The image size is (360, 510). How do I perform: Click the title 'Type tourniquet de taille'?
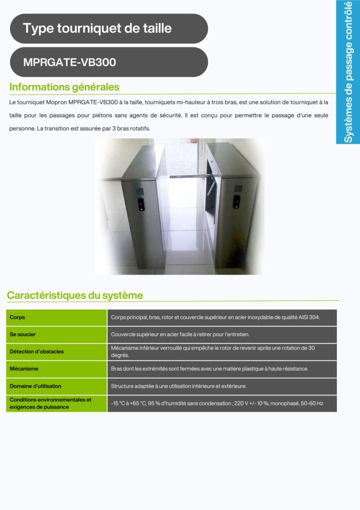[x=97, y=28]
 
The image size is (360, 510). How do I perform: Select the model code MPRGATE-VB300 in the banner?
[x=70, y=62]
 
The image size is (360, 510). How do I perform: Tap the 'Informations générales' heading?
[x=64, y=87]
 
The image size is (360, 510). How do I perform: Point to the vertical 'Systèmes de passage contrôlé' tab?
[x=349, y=72]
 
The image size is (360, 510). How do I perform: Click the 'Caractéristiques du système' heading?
[x=75, y=295]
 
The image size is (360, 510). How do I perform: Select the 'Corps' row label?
[x=17, y=317]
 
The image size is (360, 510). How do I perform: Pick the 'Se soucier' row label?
[x=23, y=334]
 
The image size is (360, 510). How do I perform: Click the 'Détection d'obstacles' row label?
[x=37, y=352]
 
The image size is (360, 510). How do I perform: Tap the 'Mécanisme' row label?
[x=24, y=369]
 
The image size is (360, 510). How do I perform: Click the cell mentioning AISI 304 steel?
[x=215, y=317]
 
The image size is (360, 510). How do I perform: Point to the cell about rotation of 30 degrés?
[x=213, y=352]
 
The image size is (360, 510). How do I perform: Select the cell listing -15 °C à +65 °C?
[x=217, y=403]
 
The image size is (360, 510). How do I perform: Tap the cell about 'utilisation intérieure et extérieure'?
[x=178, y=386]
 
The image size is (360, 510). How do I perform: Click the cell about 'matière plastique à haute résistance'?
[x=210, y=369]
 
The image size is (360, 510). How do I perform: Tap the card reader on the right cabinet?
[x=237, y=201]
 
